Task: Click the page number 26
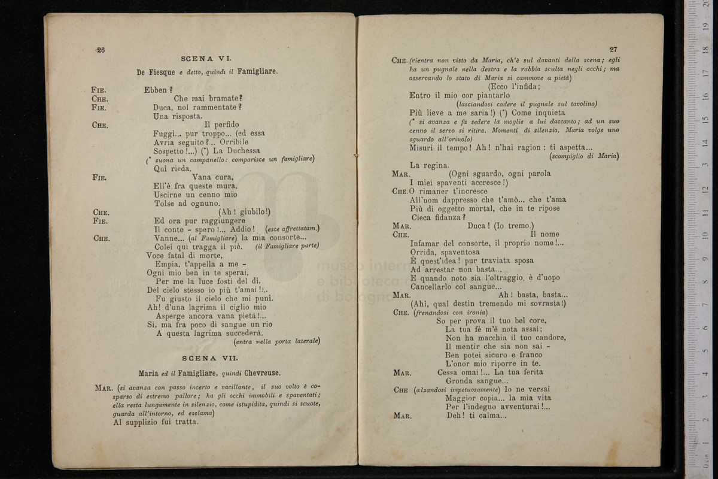(100, 50)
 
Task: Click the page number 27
(613, 50)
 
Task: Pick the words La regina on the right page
(430, 165)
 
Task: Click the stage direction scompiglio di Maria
(584, 156)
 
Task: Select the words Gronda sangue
(477, 381)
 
